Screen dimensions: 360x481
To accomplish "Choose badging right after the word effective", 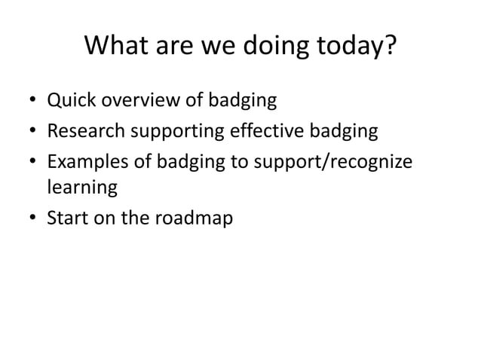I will click(x=340, y=133).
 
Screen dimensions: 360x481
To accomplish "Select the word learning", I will click(x=81, y=188).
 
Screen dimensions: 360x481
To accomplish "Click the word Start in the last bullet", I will click(x=67, y=218).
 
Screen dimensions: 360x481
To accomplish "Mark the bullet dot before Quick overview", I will click(x=32, y=100).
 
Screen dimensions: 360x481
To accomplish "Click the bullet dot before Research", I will click(x=32, y=133).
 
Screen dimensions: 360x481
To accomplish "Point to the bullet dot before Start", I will click(x=32, y=219).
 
